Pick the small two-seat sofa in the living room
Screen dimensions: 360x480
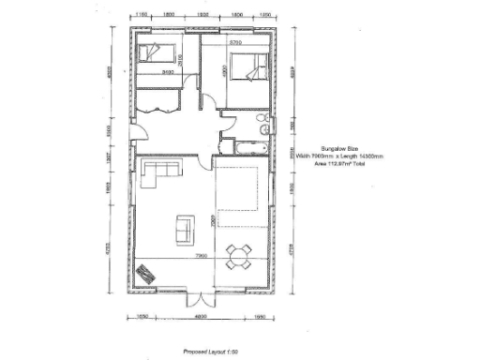click(184, 226)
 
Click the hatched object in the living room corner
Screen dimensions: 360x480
click(145, 273)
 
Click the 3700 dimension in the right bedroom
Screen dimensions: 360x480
click(237, 43)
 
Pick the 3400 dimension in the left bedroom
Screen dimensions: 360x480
click(169, 71)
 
